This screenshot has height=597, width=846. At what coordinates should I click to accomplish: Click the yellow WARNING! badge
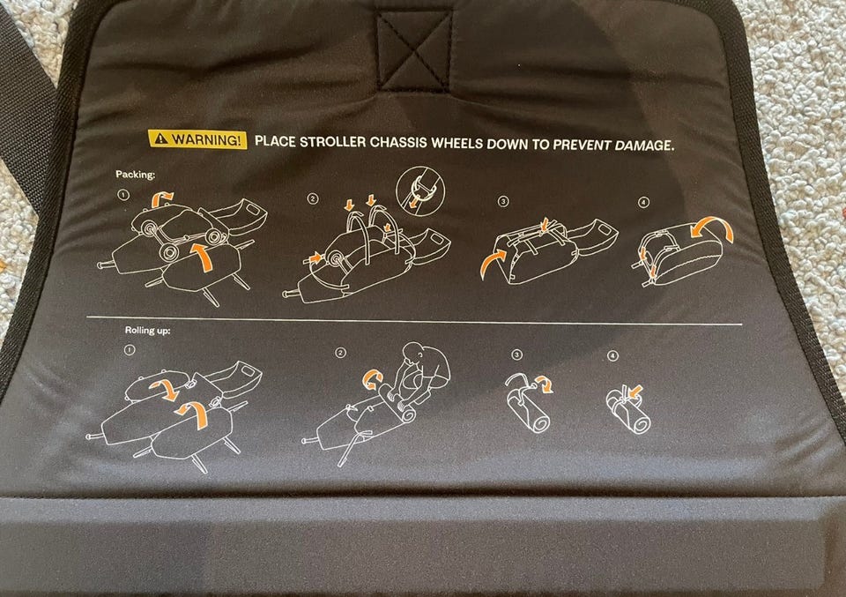coord(197,139)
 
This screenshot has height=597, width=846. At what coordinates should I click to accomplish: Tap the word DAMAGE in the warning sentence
coord(642,145)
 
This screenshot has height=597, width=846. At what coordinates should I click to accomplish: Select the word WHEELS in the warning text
coord(457,143)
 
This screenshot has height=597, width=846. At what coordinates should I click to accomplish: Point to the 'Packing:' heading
coord(136,175)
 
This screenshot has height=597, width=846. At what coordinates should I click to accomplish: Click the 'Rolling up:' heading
coord(147,330)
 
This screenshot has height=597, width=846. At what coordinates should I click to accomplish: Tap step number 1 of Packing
coord(123,194)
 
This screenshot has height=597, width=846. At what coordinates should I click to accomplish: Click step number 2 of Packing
coord(312,198)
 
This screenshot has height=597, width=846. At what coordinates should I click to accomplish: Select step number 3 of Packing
coord(503,201)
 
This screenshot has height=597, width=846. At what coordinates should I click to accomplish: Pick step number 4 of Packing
coord(643,203)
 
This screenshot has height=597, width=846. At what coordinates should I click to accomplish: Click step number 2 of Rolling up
coord(340,353)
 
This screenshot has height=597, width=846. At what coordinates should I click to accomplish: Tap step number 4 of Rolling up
coord(612,355)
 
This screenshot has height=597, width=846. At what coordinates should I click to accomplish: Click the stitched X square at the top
coord(415,49)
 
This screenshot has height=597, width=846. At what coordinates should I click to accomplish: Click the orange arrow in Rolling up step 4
coord(635,390)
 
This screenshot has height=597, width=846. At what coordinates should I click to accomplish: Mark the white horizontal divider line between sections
coord(414,321)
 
